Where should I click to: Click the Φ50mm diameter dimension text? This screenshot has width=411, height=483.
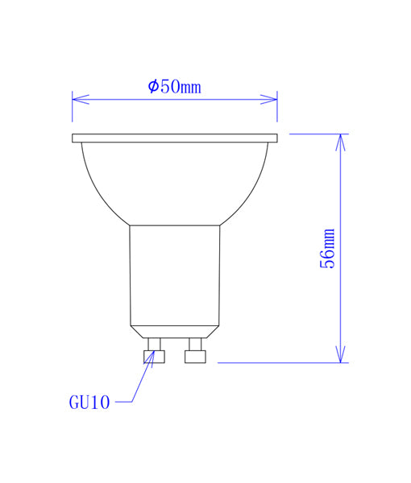click(x=174, y=86)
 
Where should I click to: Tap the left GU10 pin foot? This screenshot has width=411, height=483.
click(x=154, y=357)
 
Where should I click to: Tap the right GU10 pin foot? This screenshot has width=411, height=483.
click(x=195, y=357)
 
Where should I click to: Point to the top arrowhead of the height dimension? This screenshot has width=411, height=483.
click(x=340, y=142)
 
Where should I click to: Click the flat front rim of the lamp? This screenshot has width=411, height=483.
click(x=175, y=138)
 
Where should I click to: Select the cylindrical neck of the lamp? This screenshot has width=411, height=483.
click(x=175, y=274)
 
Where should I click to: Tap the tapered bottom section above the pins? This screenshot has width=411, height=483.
click(x=175, y=331)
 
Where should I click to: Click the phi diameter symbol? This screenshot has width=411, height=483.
click(x=153, y=86)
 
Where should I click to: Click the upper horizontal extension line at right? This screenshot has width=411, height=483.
click(x=318, y=134)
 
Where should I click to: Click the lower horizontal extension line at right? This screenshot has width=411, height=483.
click(x=282, y=362)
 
